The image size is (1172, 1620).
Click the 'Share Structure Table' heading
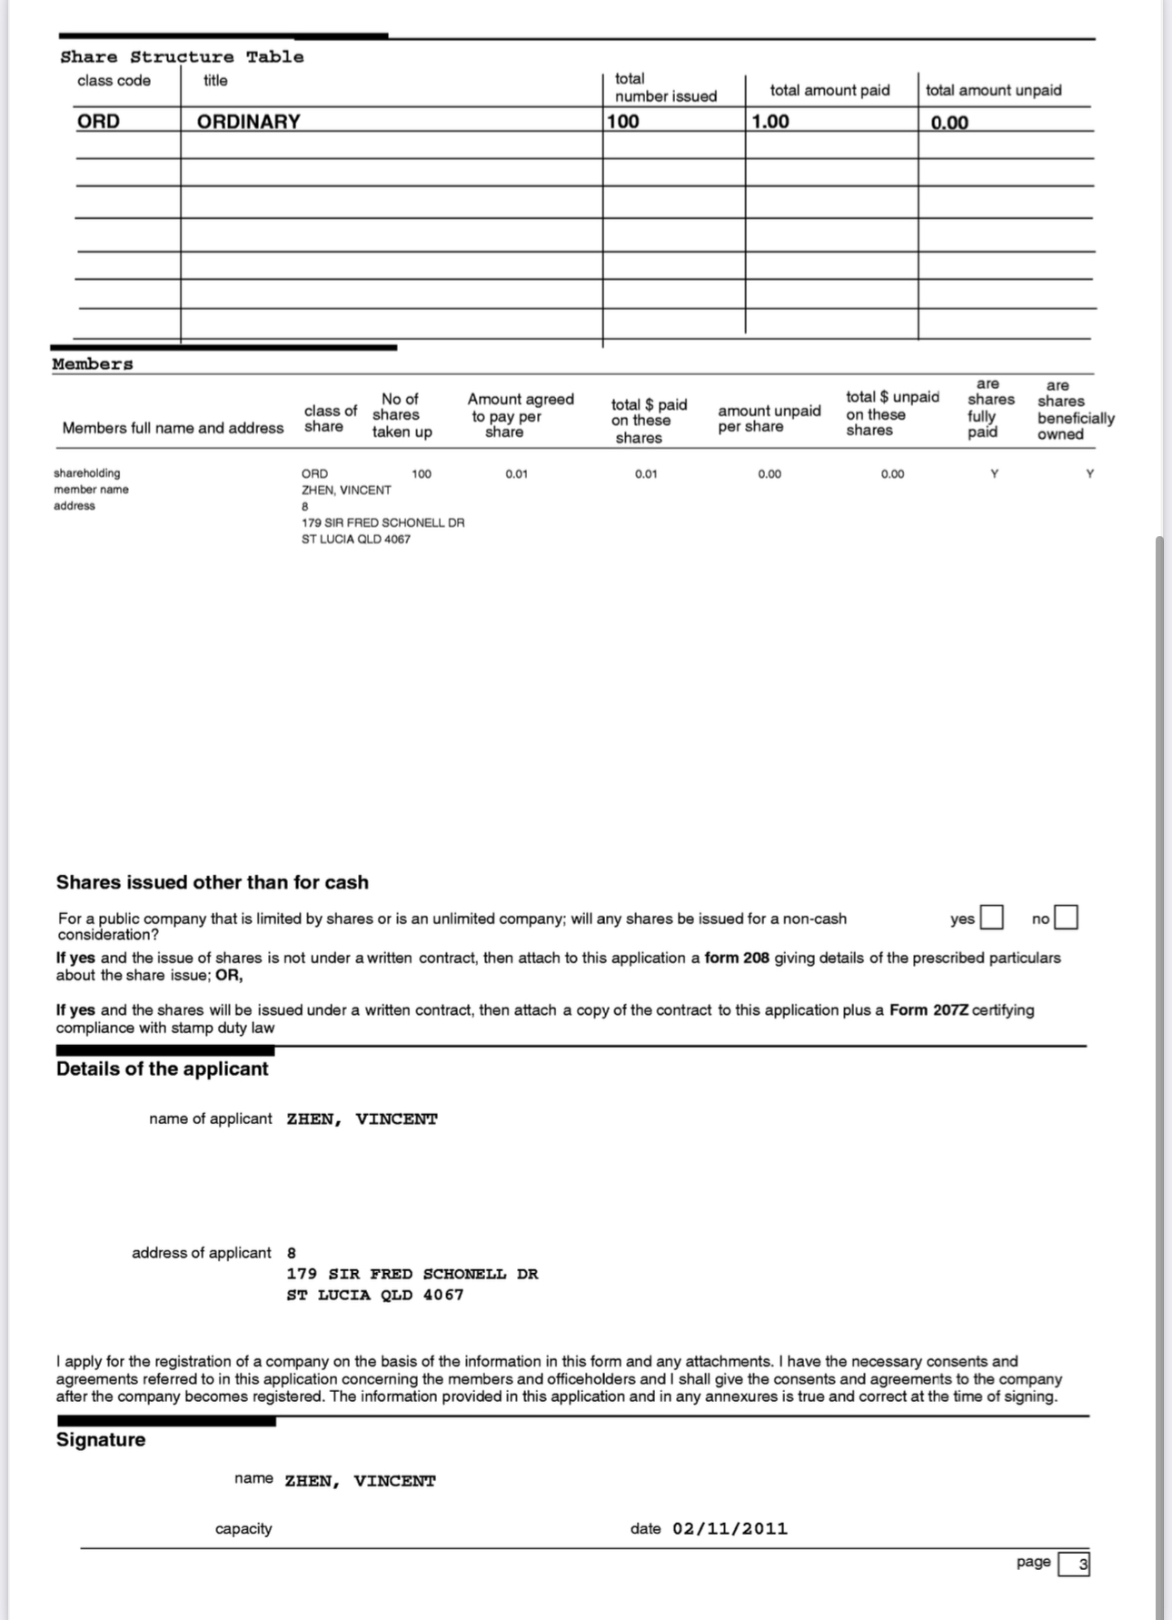click(x=182, y=56)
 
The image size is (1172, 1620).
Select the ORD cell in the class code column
click(x=98, y=121)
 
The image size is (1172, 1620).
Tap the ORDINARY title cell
click(x=248, y=121)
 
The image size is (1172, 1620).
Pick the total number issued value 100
click(x=623, y=121)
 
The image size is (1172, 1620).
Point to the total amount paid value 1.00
click(x=770, y=121)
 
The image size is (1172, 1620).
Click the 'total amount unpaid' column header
click(x=993, y=90)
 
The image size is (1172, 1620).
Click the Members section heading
click(x=93, y=363)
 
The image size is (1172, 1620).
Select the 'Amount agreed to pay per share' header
click(x=521, y=415)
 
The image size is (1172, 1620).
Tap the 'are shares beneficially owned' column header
click(x=1076, y=410)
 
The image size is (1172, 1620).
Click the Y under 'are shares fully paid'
click(x=994, y=473)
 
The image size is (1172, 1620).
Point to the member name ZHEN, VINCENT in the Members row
click(x=346, y=490)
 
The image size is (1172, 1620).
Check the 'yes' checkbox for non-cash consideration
click(x=991, y=917)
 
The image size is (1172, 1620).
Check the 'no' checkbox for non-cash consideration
click(x=1067, y=917)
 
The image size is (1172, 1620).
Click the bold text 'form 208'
click(x=737, y=958)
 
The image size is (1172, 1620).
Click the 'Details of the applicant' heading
click(x=162, y=1068)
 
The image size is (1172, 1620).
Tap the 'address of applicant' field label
click(x=201, y=1253)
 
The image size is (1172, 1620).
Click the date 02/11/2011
click(x=730, y=1528)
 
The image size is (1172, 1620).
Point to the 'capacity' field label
click(x=243, y=1528)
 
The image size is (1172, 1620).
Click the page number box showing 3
click(x=1074, y=1564)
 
